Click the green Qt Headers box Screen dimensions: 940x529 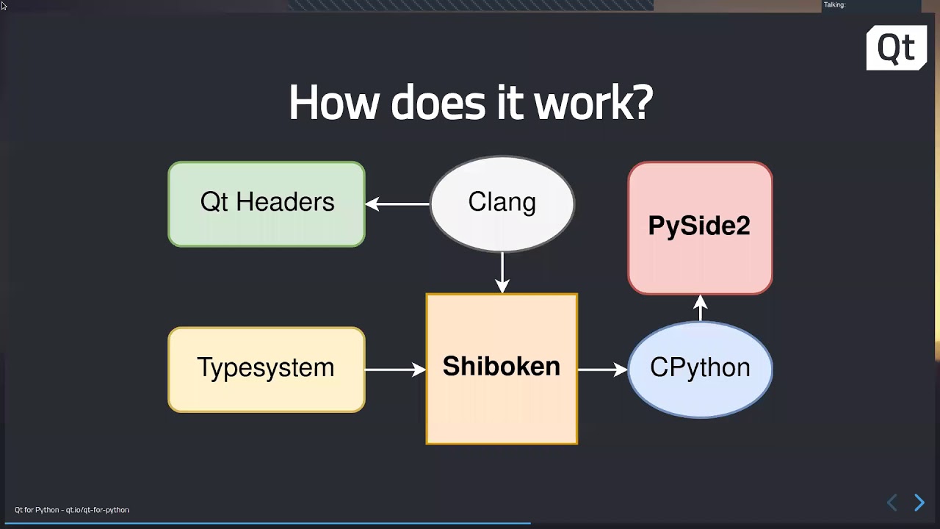267,204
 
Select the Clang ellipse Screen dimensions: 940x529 502,204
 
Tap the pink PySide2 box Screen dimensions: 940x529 700,228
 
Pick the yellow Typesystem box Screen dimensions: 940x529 267,370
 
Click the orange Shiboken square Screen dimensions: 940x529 502,369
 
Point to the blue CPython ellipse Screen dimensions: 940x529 700,370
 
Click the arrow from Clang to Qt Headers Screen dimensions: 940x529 397,204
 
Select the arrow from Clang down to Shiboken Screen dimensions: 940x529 502,273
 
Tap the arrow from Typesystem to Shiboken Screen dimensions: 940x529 396,370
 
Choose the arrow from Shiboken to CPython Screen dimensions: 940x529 603,370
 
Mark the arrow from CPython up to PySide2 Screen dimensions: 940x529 700,308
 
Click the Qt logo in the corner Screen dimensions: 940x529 897,48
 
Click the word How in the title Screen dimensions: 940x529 334,102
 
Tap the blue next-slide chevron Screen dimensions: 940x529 919,502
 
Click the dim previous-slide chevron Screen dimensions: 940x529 892,502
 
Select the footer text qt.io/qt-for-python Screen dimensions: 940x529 98,510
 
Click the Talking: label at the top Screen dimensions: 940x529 835,5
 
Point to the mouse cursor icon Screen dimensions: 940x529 4,6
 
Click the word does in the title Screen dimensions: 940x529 438,102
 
